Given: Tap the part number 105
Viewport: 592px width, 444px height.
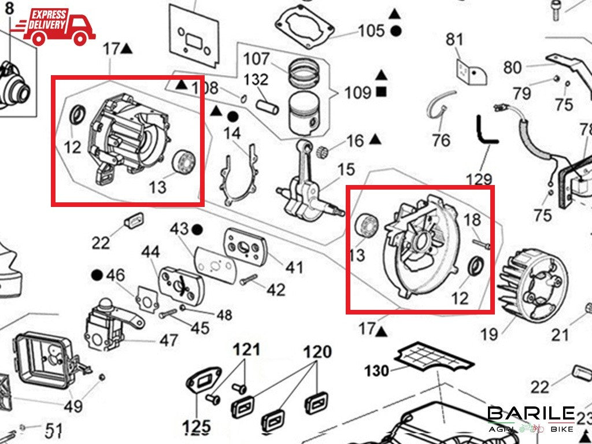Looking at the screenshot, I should [x=371, y=30].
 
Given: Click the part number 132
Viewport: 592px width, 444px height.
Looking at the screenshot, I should [x=256, y=79].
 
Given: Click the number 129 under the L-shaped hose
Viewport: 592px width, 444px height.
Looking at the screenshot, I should [x=479, y=179].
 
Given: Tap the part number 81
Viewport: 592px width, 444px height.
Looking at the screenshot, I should [x=455, y=40].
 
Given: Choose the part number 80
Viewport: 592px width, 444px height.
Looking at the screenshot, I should [x=512, y=68].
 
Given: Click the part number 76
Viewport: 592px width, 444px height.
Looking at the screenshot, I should [x=441, y=140].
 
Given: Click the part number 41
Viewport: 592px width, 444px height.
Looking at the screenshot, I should [x=294, y=267].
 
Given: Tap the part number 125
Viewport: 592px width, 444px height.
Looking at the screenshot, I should [x=197, y=427].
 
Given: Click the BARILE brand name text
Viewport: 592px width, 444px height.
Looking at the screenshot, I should [x=531, y=414].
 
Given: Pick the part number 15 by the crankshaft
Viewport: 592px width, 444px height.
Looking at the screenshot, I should [x=346, y=169].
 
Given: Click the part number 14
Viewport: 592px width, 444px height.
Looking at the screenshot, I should [x=232, y=134].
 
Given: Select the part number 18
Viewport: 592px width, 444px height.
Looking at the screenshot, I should [x=472, y=220].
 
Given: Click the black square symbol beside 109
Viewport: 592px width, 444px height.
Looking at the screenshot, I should [x=381, y=91].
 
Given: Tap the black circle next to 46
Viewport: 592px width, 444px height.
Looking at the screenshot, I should [x=97, y=275].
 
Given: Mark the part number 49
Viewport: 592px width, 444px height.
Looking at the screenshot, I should [x=73, y=406].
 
